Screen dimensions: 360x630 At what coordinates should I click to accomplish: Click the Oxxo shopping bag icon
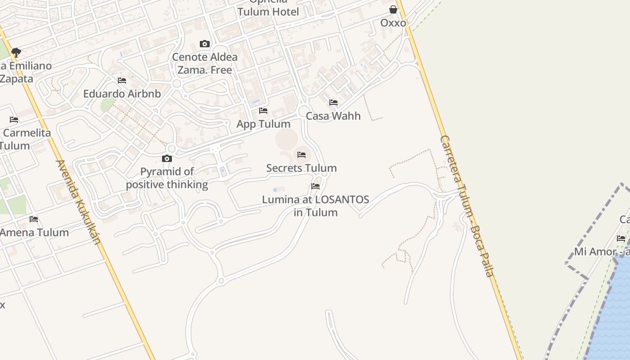point(393,9)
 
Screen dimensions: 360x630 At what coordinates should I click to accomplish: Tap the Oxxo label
point(393,23)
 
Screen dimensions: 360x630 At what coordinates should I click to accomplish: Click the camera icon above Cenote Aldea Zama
point(205,44)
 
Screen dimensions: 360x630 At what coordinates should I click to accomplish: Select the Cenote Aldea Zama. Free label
point(205,63)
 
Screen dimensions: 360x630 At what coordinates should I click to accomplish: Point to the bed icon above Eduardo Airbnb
point(122,81)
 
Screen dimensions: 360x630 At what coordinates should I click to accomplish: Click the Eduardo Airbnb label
point(122,94)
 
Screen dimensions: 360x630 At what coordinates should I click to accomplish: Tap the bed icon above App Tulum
point(263,110)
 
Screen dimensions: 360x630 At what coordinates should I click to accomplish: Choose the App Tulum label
point(263,124)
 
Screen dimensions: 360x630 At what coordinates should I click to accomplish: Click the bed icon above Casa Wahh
point(333,103)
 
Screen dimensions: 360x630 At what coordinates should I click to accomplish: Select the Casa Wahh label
point(333,116)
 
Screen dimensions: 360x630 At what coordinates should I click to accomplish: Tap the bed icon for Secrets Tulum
point(301,155)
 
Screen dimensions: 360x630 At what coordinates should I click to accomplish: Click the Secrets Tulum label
point(301,168)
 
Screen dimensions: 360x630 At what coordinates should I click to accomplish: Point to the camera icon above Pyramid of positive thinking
point(167,158)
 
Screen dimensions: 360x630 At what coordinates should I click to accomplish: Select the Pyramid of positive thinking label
point(167,178)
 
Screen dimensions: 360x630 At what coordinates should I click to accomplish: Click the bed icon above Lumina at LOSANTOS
point(315,186)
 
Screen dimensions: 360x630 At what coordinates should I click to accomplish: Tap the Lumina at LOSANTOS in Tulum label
point(315,206)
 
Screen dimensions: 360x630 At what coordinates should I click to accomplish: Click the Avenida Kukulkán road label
point(77,202)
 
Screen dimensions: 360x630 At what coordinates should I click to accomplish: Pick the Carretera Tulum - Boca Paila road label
point(467,206)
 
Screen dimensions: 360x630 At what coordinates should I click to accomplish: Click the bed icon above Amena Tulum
point(34,219)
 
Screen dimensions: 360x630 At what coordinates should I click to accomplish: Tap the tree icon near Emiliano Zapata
point(16,52)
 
